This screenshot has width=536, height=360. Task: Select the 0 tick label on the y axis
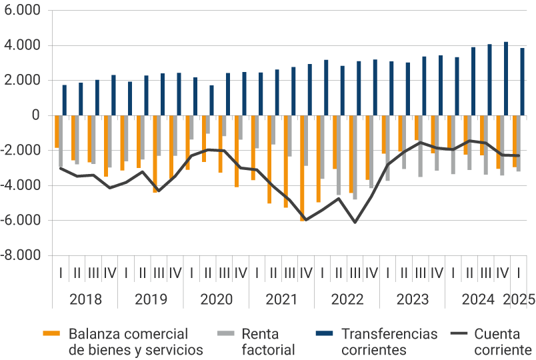[x=35, y=116]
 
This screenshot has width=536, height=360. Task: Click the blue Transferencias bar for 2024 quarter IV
[x=506, y=79]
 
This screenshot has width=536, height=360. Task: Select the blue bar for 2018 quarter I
[x=65, y=100]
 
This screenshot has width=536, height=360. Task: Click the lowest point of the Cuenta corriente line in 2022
[x=355, y=222]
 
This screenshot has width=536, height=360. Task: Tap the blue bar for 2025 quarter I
[x=522, y=81]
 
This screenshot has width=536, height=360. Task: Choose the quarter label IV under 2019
[x=175, y=273]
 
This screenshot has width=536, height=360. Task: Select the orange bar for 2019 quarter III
[x=155, y=154]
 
